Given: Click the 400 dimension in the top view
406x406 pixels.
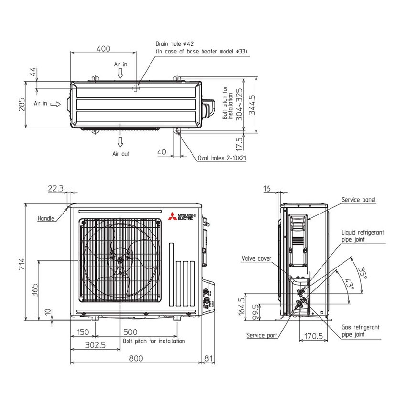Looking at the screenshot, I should [x=103, y=48].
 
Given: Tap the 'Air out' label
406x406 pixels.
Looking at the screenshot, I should [x=120, y=154].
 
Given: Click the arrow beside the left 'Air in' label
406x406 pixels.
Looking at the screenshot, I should [x=55, y=104].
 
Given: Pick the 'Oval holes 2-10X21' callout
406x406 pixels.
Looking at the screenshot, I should [x=222, y=158].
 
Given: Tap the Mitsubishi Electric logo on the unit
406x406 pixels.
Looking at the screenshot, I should [x=182, y=217].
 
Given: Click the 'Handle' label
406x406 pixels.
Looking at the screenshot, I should [x=46, y=218].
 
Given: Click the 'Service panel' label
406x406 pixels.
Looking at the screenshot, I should [x=358, y=200].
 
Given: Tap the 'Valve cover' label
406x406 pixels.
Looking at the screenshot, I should [x=256, y=258].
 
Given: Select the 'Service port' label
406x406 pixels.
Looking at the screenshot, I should [x=261, y=335].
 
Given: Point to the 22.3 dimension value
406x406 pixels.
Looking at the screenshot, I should [x=56, y=189].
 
